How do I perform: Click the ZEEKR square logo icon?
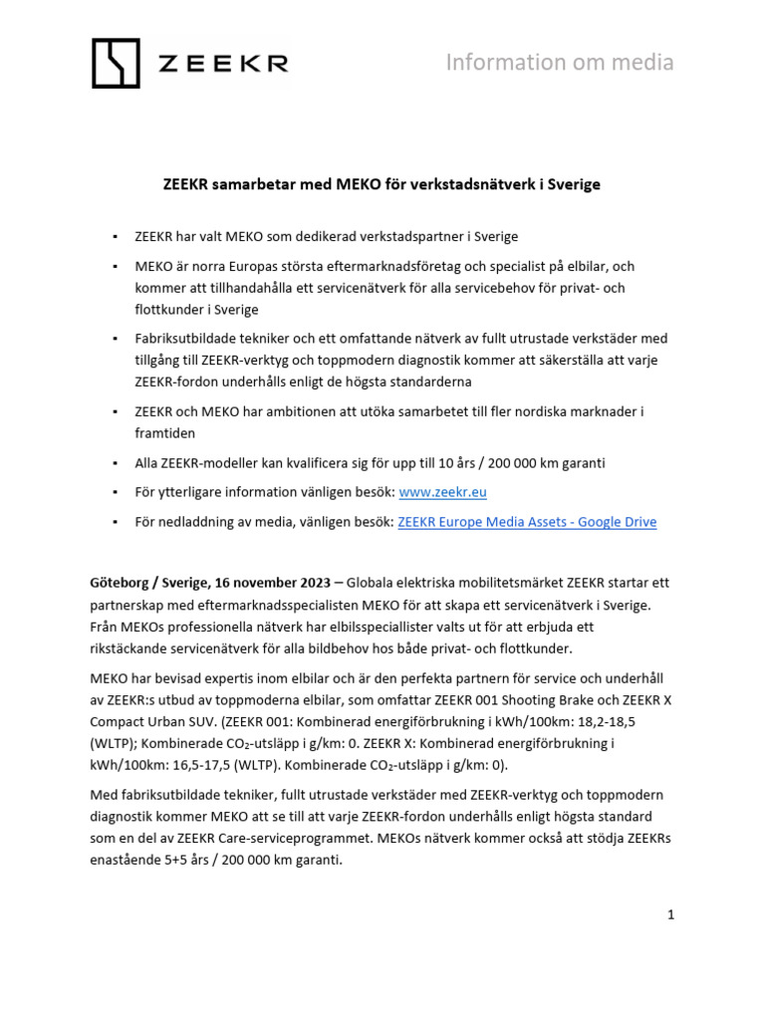point(118,63)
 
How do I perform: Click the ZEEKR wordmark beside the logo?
point(223,64)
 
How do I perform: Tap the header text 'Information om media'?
point(559,63)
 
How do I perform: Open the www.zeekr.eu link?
point(442,492)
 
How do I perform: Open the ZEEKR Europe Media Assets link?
point(527,522)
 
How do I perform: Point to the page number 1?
point(671,913)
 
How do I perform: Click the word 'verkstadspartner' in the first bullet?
point(398,237)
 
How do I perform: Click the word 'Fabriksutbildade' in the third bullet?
point(188,339)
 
